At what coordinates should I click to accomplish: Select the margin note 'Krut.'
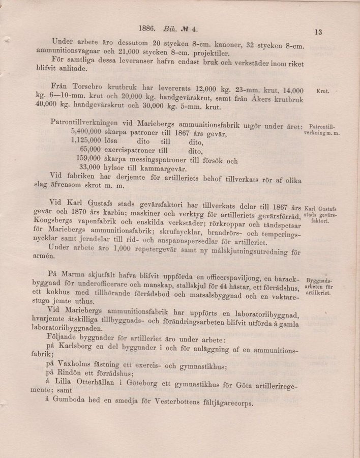tap(323, 92)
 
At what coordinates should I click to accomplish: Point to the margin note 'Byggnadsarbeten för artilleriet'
tap(318, 287)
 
